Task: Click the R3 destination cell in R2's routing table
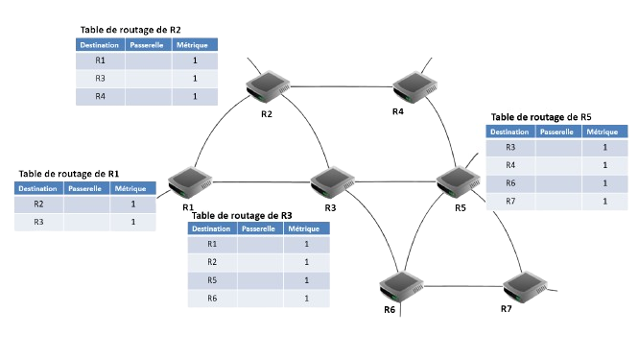click(x=100, y=79)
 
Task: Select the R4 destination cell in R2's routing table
click(x=100, y=97)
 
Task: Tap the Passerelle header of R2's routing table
click(x=147, y=44)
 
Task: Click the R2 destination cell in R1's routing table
click(x=39, y=204)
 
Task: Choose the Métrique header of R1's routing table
click(x=130, y=188)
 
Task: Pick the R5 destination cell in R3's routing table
click(x=212, y=280)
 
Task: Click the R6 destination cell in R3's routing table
click(x=212, y=299)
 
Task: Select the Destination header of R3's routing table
click(x=212, y=229)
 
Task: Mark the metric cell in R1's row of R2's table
click(x=194, y=60)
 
